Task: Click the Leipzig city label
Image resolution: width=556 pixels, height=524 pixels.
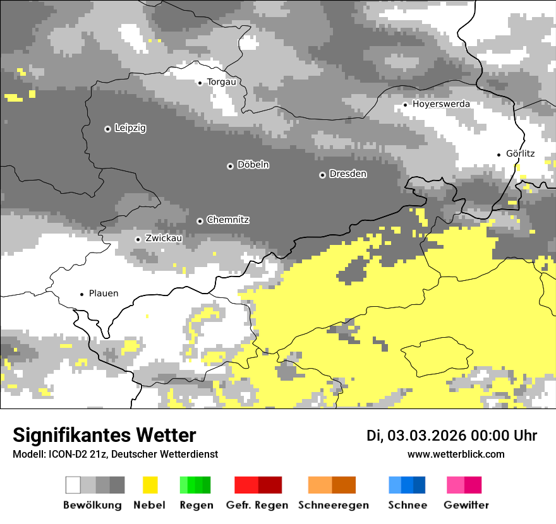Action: point(130,128)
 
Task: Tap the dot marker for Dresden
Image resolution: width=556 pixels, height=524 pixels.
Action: point(322,174)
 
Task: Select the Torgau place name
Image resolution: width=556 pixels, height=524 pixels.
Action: point(222,82)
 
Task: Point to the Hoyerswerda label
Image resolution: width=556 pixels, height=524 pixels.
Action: point(441,104)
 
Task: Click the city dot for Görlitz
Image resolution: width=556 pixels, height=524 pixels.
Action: point(499,154)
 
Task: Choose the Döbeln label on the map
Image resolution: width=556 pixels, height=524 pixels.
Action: point(253,165)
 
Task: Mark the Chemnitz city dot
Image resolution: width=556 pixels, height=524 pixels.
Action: point(200,221)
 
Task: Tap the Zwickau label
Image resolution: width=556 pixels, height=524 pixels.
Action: point(164,239)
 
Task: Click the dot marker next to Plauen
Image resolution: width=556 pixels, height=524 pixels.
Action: point(82,294)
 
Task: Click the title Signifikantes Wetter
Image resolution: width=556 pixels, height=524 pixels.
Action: point(104,436)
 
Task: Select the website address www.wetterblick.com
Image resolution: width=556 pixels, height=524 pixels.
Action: point(456,455)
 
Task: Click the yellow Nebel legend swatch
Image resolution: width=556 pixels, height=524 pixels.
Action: point(150,485)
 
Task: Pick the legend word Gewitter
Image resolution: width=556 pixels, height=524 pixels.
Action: point(466,505)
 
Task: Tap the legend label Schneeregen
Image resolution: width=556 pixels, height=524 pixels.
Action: point(334,505)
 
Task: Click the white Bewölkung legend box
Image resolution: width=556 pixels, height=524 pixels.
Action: point(73,485)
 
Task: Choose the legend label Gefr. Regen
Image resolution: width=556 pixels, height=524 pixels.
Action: point(257,505)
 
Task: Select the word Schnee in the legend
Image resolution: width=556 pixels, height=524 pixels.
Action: point(408,505)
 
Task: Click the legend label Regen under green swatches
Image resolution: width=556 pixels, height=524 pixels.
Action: point(196,505)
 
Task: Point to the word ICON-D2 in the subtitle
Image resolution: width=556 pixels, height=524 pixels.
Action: point(61,455)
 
